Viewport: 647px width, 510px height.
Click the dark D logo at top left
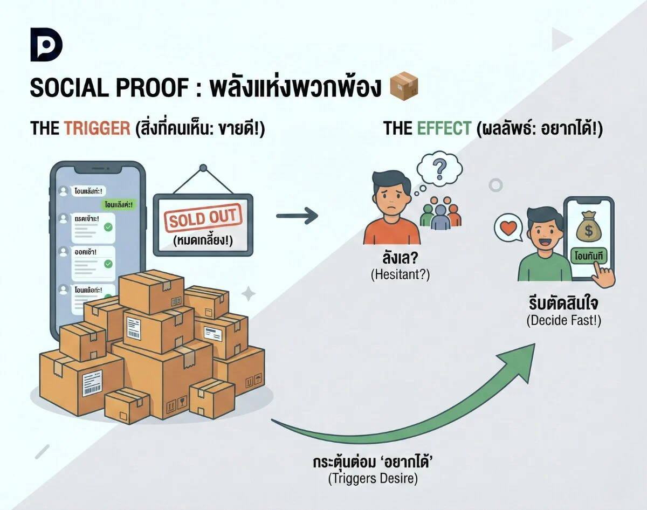click(x=46, y=47)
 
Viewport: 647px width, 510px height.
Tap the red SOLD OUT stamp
click(x=203, y=218)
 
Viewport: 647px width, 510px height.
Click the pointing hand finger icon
click(x=602, y=276)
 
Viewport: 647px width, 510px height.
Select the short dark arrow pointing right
click(x=297, y=216)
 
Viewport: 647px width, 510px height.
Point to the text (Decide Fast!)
click(x=563, y=320)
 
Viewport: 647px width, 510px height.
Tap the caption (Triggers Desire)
click(x=372, y=478)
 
